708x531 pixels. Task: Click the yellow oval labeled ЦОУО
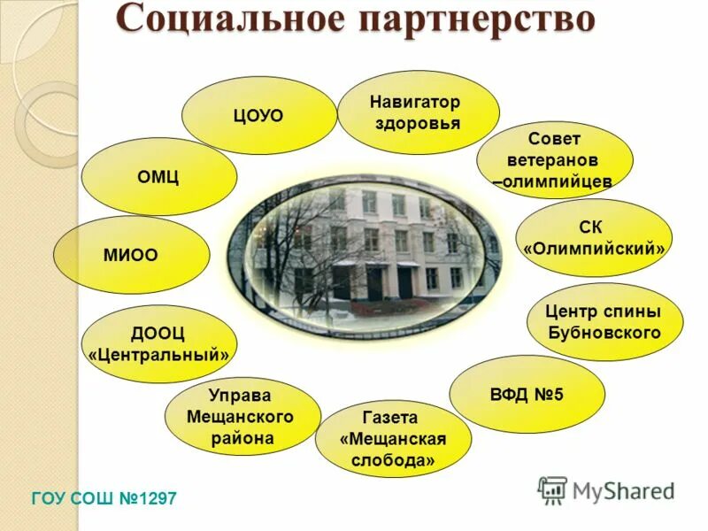pyautogui.click(x=258, y=116)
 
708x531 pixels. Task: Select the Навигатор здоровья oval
pyautogui.click(x=418, y=112)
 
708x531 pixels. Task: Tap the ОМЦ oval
pyautogui.click(x=158, y=176)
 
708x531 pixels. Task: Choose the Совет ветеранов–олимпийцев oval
pyautogui.click(x=554, y=160)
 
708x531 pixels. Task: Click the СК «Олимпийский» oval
pyautogui.click(x=594, y=238)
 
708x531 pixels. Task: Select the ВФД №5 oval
pyautogui.click(x=527, y=393)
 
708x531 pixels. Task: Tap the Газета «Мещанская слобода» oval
pyautogui.click(x=393, y=439)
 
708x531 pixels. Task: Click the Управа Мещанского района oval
pyautogui.click(x=242, y=416)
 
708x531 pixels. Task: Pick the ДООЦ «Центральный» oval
pyautogui.click(x=158, y=344)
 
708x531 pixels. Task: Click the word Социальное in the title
pyautogui.click(x=224, y=19)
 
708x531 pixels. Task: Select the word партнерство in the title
pyautogui.click(x=468, y=19)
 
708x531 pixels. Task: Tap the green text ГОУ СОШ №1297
pyautogui.click(x=104, y=499)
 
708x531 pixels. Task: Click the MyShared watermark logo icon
pyautogui.click(x=552, y=489)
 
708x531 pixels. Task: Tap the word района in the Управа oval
pyautogui.click(x=242, y=437)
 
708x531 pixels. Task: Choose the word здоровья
pyautogui.click(x=418, y=123)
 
